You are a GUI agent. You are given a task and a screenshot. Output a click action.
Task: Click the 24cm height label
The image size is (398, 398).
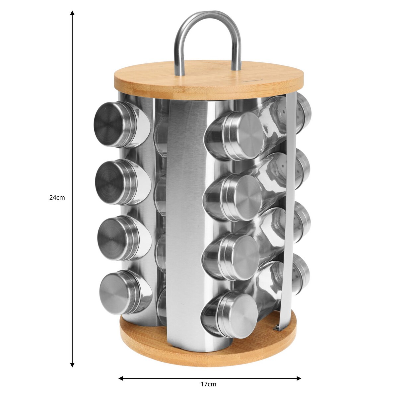57,198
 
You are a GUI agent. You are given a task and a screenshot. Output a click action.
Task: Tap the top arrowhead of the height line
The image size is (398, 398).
72,13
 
